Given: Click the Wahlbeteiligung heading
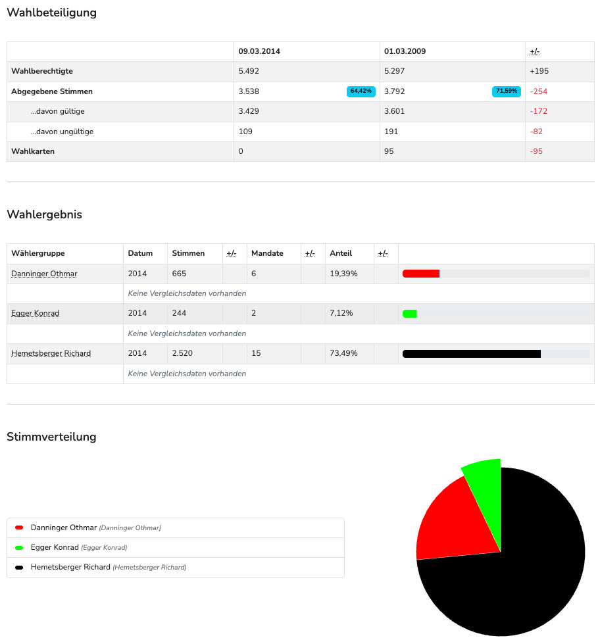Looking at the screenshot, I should click(51, 12).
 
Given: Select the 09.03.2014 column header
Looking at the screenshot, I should click(259, 51).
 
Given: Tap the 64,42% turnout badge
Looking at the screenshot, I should click(361, 91).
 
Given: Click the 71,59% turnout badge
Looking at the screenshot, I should click(506, 91).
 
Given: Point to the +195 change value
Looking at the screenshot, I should click(539, 71).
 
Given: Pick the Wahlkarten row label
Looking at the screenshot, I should click(33, 151).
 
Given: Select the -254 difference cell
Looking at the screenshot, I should click(538, 91).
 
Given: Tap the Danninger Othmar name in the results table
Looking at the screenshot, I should click(44, 274).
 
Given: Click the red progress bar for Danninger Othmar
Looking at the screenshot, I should click(420, 274).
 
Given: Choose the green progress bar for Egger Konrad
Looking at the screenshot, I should click(409, 314).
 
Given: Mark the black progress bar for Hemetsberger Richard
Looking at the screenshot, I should click(471, 354).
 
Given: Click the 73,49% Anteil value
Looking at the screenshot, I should click(343, 353).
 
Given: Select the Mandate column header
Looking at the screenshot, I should click(267, 253).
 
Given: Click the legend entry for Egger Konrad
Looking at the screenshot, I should click(55, 547).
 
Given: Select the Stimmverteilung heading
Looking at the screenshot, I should click(51, 437).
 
